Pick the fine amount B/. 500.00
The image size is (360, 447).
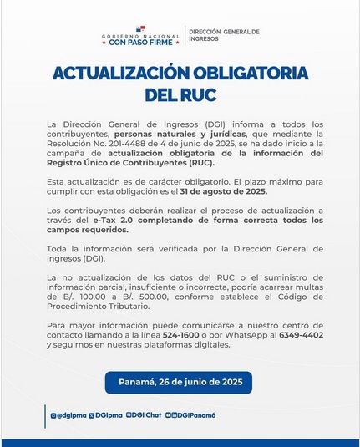point(114,295)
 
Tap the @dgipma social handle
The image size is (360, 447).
point(70,415)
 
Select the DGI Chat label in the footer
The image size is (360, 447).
point(146,415)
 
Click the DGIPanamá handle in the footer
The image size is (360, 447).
point(195,415)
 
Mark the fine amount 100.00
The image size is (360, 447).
point(70,295)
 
